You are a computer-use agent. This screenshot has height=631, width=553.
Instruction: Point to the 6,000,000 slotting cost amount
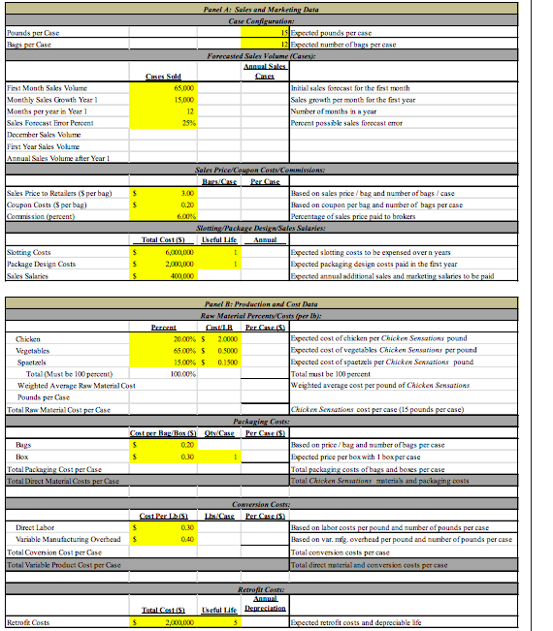click(x=177, y=252)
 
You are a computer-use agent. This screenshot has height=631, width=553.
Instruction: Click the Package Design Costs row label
click(x=44, y=264)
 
